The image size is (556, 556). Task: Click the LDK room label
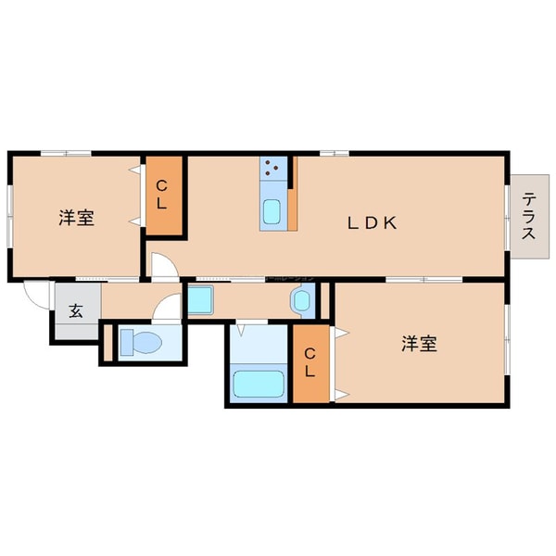coord(373,222)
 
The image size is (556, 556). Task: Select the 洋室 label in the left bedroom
coord(76,219)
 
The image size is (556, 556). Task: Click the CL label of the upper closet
coord(161,196)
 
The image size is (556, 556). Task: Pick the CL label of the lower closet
coord(310,362)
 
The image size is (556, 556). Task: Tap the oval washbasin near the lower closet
coord(302,300)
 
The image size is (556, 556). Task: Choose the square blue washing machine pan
coord(201,300)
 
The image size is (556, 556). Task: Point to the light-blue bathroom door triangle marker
coord(240,326)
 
